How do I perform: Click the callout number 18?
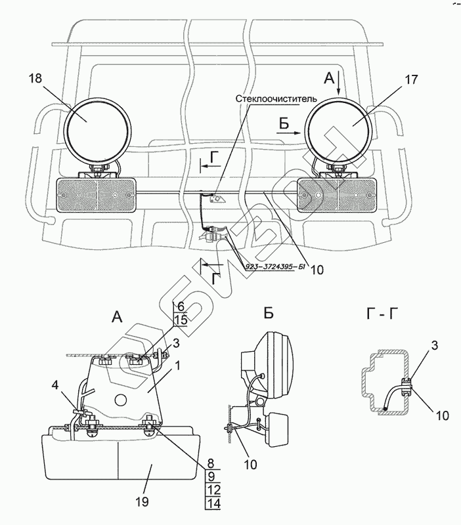tap(35, 79)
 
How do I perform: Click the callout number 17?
tap(411, 79)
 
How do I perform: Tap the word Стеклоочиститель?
tap(276, 99)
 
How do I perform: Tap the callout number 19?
tap(143, 502)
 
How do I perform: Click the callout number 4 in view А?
tap(55, 385)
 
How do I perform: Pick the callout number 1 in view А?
tap(177, 366)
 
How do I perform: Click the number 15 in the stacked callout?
tap(181, 320)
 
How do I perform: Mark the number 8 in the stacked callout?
tap(211, 463)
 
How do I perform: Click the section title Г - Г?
tap(385, 315)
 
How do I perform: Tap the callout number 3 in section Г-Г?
tap(434, 346)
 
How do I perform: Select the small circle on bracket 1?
tap(121, 400)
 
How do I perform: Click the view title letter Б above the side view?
tap(269, 314)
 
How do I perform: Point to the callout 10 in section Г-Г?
tap(442, 416)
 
